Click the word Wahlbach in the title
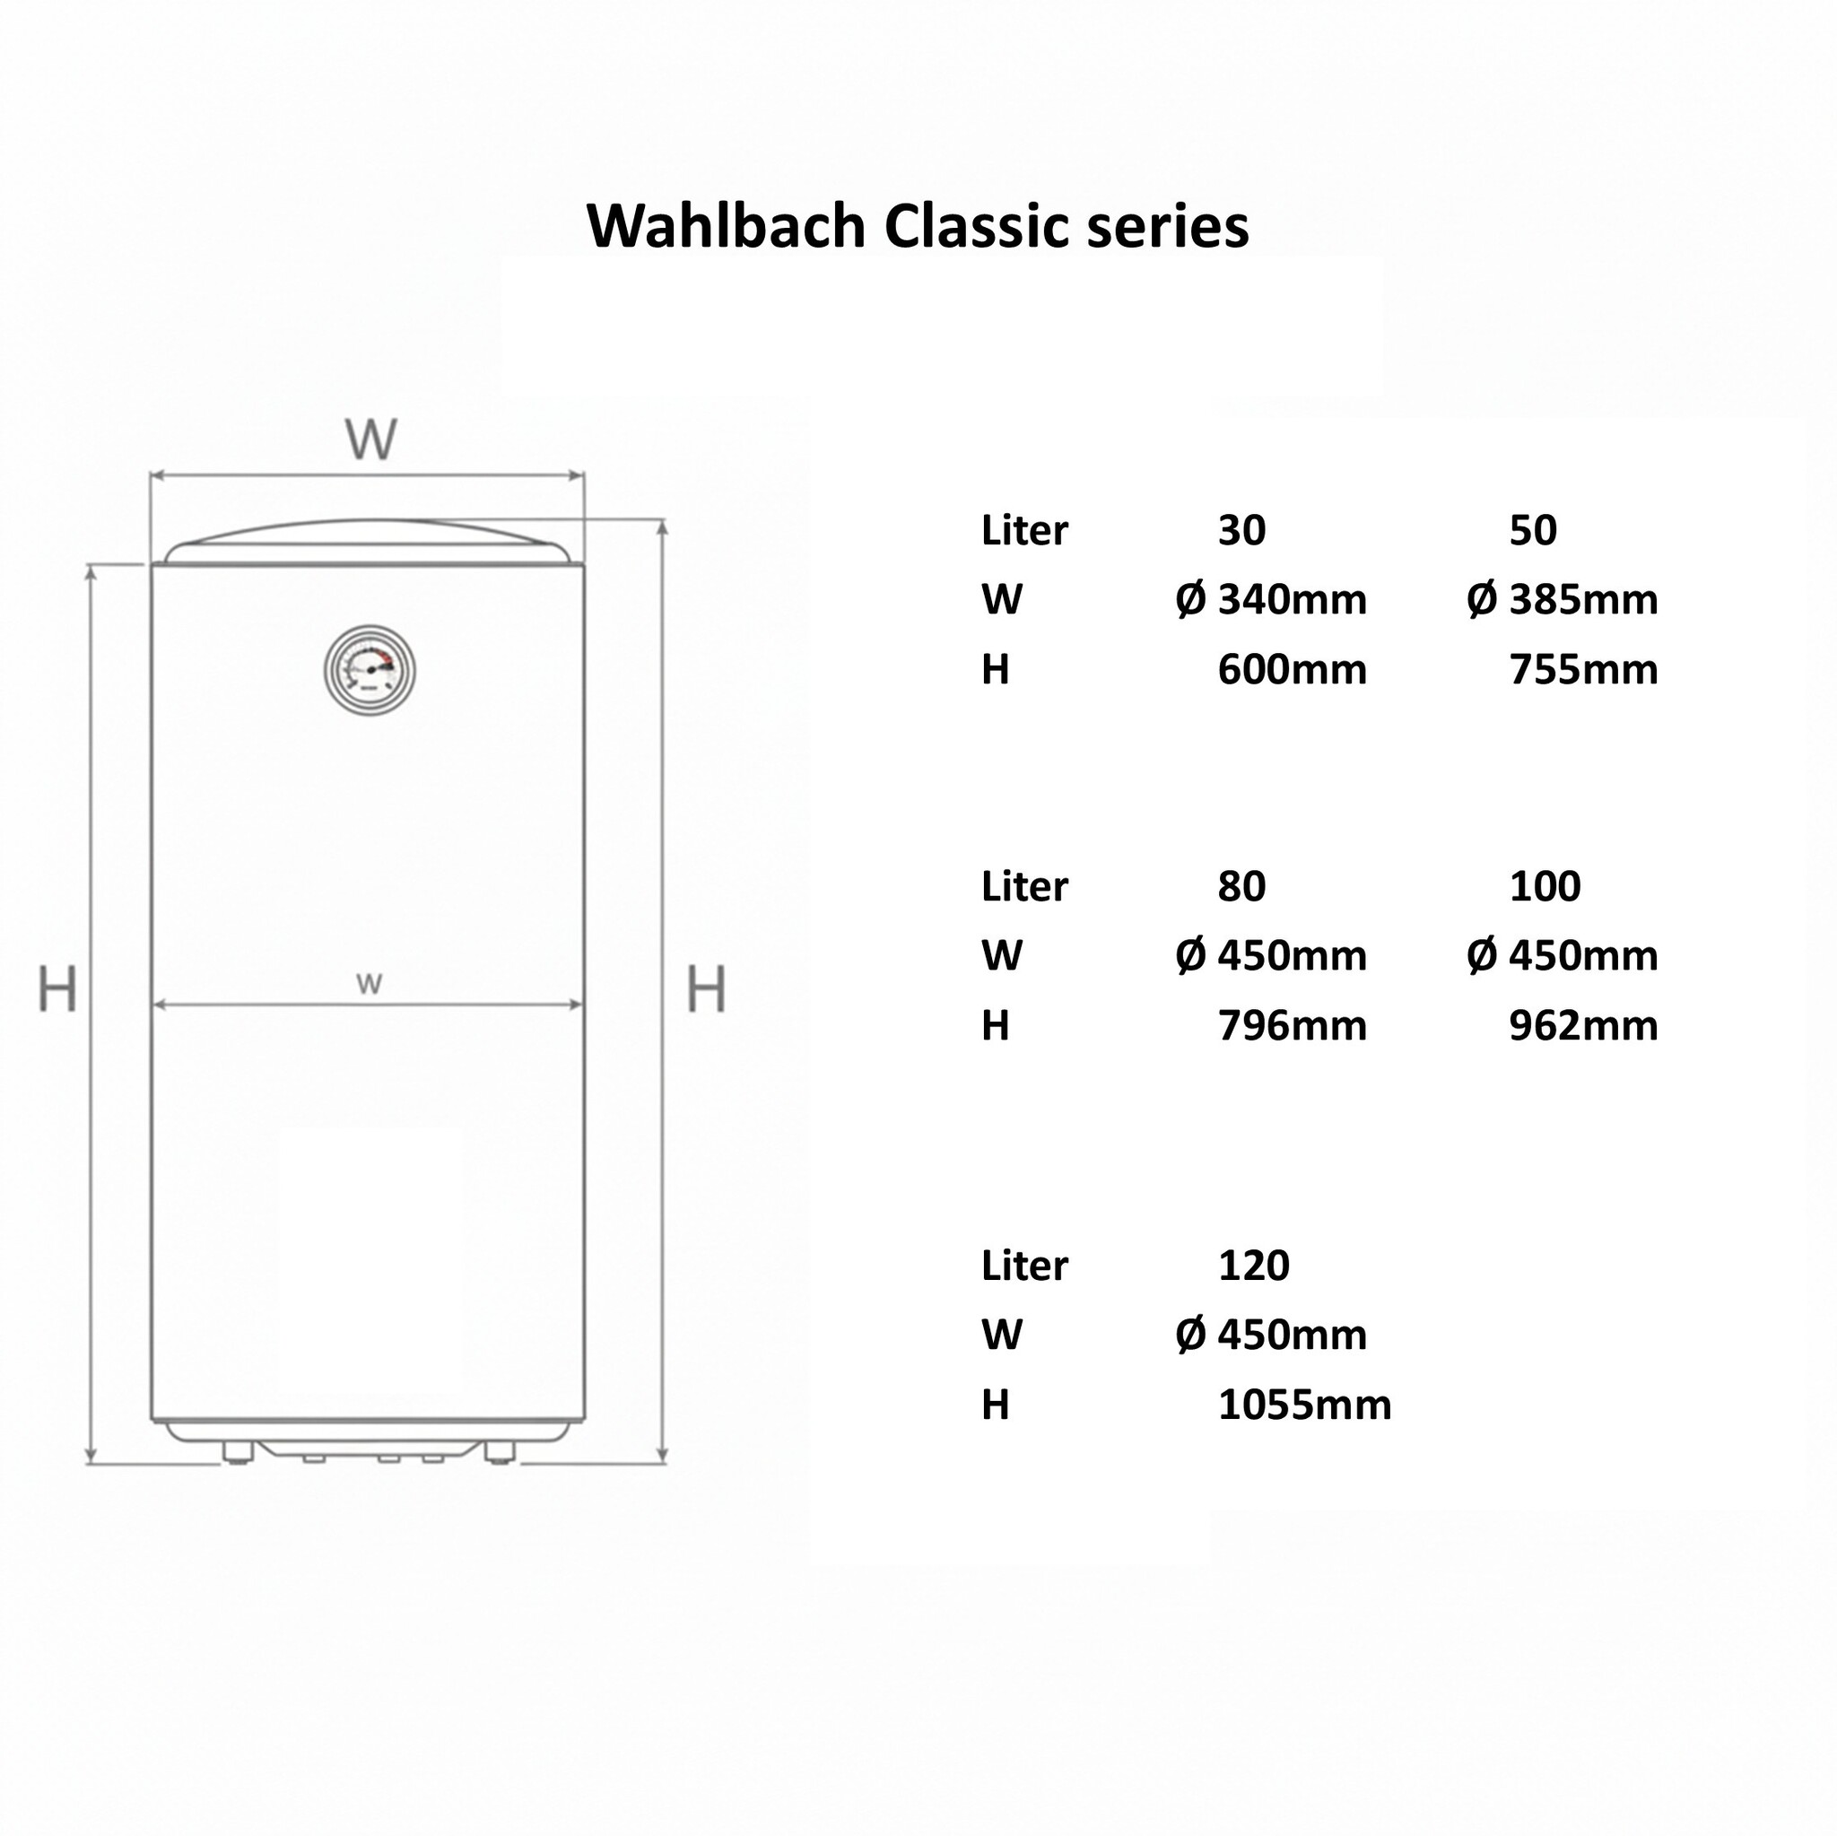click(726, 226)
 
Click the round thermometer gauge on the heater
click(370, 669)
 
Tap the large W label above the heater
click(370, 439)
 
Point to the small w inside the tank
click(369, 984)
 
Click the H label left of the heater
click(57, 988)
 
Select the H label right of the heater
click(707, 988)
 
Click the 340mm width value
click(1292, 600)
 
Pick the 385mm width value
click(1583, 600)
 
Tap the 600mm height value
click(1292, 670)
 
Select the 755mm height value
click(1583, 670)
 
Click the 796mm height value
click(1292, 1026)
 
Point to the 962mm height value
click(1583, 1026)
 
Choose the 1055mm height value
click(1303, 1405)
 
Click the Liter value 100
click(1545, 886)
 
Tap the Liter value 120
click(1253, 1266)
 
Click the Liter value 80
click(1241, 886)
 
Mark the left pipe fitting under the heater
click(237, 1452)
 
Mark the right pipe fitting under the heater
click(500, 1452)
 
